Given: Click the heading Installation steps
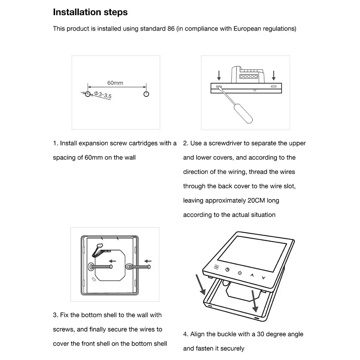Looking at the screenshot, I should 90,12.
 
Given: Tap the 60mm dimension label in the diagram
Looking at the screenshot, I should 115,83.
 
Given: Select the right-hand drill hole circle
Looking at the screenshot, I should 146,94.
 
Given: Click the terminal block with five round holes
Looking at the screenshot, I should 248,76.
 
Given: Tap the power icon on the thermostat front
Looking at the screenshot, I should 240,273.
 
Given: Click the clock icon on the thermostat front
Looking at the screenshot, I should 228,270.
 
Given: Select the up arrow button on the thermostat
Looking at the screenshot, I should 252,275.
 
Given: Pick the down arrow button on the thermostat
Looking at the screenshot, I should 264,278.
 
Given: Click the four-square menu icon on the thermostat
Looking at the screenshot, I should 216,267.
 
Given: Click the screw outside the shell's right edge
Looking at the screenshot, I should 142,267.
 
